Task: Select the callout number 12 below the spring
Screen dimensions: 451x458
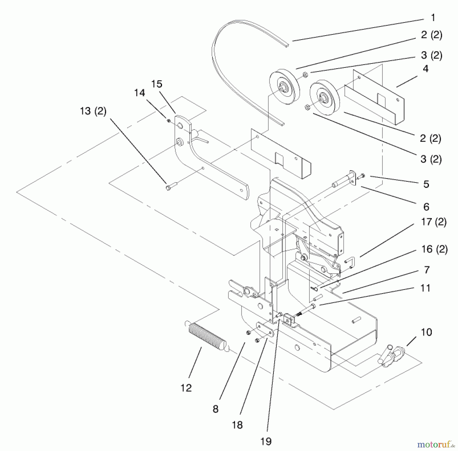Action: click(x=186, y=388)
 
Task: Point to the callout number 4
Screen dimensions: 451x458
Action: click(x=425, y=69)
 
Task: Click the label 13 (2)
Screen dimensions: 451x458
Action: click(x=93, y=111)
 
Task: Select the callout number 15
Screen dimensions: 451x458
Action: click(x=156, y=84)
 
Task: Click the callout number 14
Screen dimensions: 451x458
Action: click(x=139, y=93)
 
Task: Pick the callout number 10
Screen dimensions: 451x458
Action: click(x=426, y=332)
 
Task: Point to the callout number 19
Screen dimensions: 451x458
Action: click(x=266, y=441)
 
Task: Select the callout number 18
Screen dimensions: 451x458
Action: click(x=237, y=425)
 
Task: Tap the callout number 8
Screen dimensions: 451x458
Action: click(x=216, y=409)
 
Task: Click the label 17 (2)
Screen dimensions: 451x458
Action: click(x=434, y=222)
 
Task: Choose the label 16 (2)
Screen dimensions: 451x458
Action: click(x=434, y=249)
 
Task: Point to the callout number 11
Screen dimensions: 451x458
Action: click(x=425, y=288)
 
